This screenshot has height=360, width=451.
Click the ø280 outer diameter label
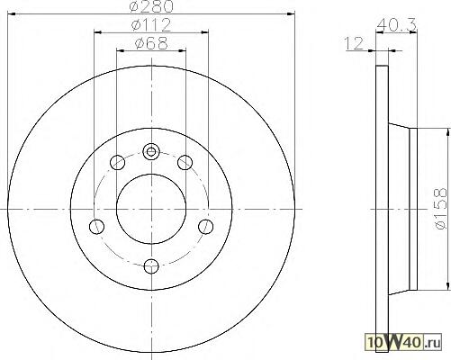pos(151,6)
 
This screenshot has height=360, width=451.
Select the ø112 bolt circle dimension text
pos(151,25)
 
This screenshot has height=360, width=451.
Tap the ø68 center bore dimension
pos(151,43)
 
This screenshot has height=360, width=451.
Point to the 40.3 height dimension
pos(396,24)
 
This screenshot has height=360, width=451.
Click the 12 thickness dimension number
pos(354,43)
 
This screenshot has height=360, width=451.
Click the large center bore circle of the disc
pos(151,209)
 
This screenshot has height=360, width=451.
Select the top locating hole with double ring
pos(151,151)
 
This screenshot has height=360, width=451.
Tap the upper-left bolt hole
pos(117,162)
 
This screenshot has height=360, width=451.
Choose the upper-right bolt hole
pos(185,162)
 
